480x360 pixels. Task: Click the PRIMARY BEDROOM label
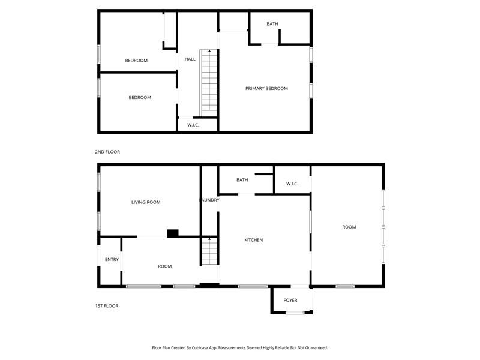[266, 88]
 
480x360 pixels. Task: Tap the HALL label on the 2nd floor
[190, 59]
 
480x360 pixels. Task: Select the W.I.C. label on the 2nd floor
[193, 125]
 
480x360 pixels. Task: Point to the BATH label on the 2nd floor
[272, 24]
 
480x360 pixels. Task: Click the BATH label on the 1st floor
[242, 180]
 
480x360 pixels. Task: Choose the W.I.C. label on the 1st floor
[292, 184]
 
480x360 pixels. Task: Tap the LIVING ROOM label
[146, 202]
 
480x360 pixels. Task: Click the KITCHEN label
[253, 240]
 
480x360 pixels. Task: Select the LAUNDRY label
[209, 200]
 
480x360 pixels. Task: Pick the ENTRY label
[112, 260]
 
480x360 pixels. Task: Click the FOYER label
[290, 301]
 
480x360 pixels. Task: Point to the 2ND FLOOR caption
[107, 152]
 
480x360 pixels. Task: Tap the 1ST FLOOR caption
[107, 306]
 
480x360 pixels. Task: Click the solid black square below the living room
[173, 233]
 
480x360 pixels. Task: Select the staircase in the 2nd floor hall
[209, 83]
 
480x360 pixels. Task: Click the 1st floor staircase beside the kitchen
[209, 251]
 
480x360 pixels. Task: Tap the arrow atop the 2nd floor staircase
[209, 51]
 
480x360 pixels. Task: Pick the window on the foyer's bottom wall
[295, 313]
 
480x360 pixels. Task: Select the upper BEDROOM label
[136, 61]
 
